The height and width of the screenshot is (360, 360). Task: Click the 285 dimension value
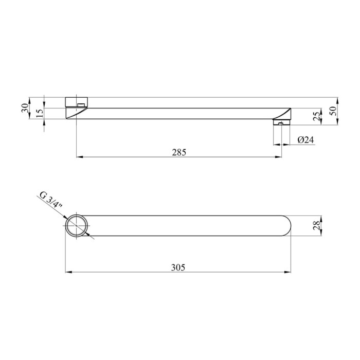(x=179, y=152)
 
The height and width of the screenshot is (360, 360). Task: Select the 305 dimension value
(x=178, y=267)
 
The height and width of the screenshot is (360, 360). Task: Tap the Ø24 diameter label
(x=305, y=139)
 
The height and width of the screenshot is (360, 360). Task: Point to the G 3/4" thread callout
(x=51, y=200)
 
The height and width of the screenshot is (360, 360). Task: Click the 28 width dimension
(x=316, y=225)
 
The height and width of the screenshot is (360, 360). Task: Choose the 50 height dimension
(x=333, y=111)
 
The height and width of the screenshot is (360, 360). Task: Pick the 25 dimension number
(x=317, y=116)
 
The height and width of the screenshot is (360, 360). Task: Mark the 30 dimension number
(x=25, y=107)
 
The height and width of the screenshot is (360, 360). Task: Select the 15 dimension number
(x=40, y=113)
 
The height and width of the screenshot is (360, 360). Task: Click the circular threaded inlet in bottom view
(x=77, y=225)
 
